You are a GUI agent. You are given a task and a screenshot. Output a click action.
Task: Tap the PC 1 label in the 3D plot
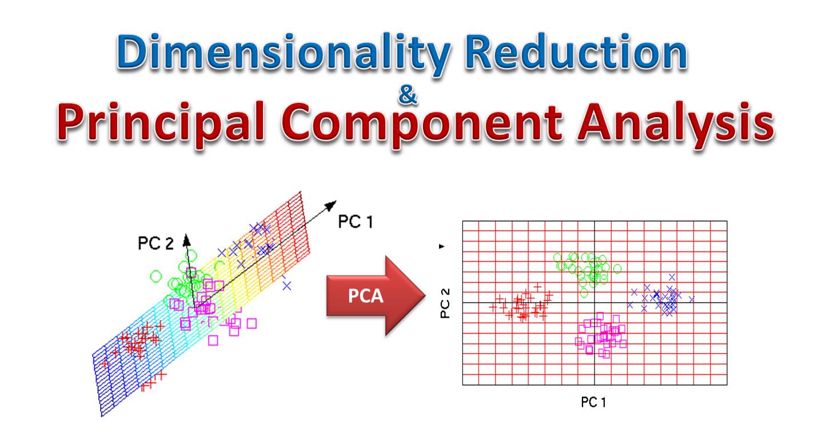[x=355, y=222]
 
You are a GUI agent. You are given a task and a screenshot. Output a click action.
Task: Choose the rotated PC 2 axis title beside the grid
[x=445, y=303]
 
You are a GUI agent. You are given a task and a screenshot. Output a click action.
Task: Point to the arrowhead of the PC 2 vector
[x=186, y=236]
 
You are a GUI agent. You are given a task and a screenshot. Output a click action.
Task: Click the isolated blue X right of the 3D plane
[x=286, y=284]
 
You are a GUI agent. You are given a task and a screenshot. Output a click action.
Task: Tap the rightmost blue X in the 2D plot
[x=692, y=299]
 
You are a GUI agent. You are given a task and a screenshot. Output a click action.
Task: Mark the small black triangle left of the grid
[x=441, y=246]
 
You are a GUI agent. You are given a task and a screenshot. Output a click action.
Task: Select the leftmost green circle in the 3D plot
[x=156, y=276]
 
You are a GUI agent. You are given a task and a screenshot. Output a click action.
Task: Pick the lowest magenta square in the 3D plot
[x=213, y=340]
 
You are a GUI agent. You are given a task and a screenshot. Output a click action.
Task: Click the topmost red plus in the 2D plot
[x=537, y=286]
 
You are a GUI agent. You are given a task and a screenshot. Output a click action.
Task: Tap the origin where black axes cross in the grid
[x=594, y=302]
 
